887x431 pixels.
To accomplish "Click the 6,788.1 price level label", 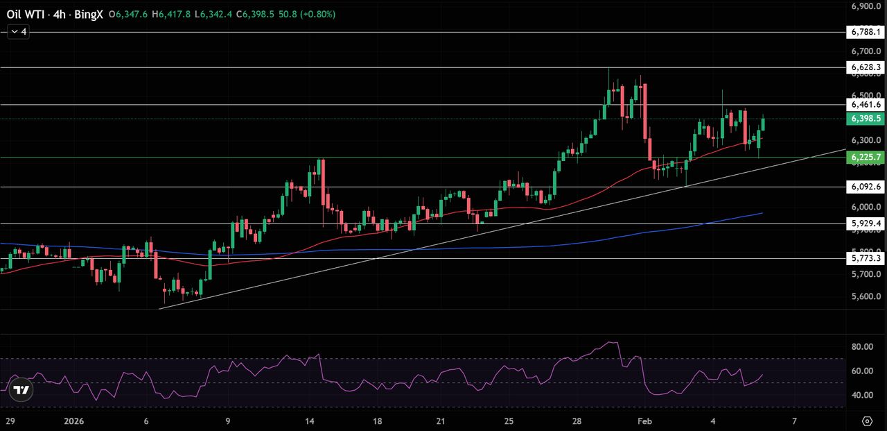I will (864, 32).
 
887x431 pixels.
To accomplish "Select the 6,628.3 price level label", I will (864, 67).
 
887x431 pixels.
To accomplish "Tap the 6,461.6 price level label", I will (864, 105).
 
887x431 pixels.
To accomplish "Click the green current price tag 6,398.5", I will (864, 119).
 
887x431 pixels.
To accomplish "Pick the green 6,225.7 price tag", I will (864, 158).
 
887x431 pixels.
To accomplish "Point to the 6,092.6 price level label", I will (864, 187).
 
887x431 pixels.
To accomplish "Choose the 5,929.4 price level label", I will (864, 223).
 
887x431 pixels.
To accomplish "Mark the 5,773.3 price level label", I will (864, 258).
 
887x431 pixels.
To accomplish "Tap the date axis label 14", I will (310, 421).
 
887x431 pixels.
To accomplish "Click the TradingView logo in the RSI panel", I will (21, 390).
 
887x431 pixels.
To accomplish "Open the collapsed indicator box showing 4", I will (18, 32).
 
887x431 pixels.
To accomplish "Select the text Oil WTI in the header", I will (25, 14).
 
